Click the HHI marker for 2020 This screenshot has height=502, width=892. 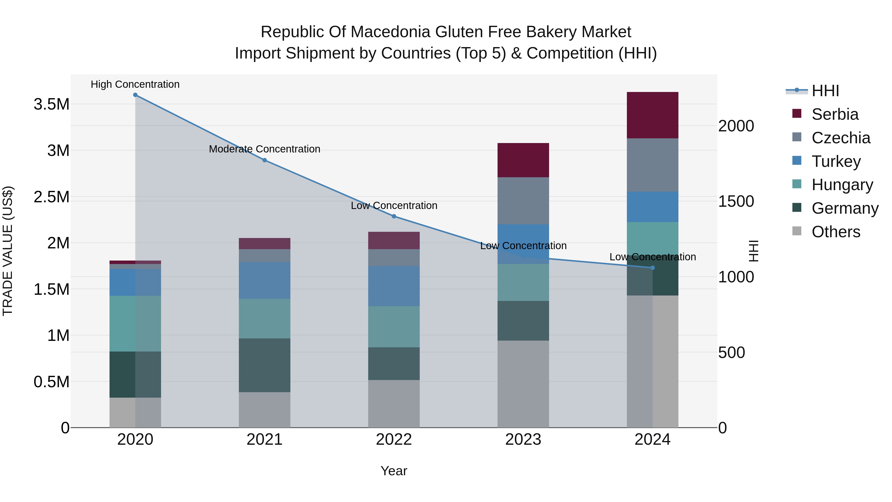click(x=135, y=95)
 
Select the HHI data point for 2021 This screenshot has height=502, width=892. click(x=265, y=160)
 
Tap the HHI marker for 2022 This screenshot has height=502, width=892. click(x=394, y=216)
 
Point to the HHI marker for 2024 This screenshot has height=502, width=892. click(x=652, y=268)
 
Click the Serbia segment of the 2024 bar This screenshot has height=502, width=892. click(x=652, y=115)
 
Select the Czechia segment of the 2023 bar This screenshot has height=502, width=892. click(x=523, y=201)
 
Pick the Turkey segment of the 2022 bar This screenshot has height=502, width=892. click(x=394, y=286)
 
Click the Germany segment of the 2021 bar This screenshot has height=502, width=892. click(x=265, y=365)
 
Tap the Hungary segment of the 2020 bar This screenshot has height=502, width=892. click(x=135, y=324)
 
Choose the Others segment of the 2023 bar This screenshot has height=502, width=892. click(x=523, y=384)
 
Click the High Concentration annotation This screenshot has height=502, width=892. click(x=135, y=84)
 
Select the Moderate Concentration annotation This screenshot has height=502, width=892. click(x=265, y=149)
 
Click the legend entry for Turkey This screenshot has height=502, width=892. click(x=836, y=161)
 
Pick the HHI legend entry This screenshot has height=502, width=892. click(x=825, y=91)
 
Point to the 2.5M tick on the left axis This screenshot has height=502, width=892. click(x=51, y=197)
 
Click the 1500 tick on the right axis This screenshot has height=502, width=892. click(x=736, y=201)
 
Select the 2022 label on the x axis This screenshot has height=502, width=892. click(x=394, y=440)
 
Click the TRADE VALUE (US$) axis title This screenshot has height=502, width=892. click(x=8, y=251)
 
